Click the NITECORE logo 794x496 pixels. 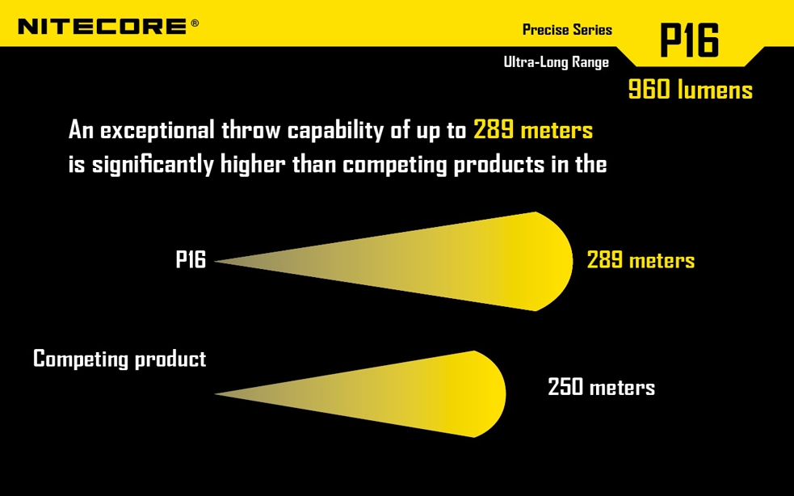click(x=103, y=26)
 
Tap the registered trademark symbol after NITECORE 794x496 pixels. click(x=195, y=23)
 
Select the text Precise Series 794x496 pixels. click(x=567, y=30)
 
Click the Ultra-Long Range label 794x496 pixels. click(x=556, y=61)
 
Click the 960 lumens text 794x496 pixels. click(x=690, y=90)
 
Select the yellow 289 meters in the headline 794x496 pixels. click(x=533, y=131)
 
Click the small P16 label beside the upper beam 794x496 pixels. click(x=191, y=260)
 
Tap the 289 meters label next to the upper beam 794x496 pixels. click(x=641, y=260)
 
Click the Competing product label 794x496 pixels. click(x=120, y=359)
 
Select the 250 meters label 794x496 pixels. click(x=601, y=387)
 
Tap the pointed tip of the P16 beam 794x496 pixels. click(x=220, y=261)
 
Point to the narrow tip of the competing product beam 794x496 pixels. click(x=220, y=394)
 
